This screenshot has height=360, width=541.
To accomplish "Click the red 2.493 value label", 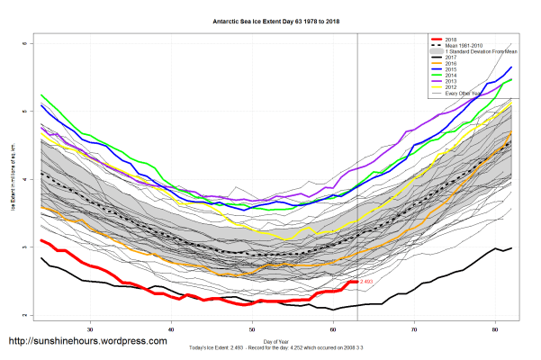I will [366, 282].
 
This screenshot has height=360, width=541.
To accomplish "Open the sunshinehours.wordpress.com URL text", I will [87, 342].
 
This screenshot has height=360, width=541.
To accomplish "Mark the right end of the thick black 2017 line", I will [511, 247].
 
